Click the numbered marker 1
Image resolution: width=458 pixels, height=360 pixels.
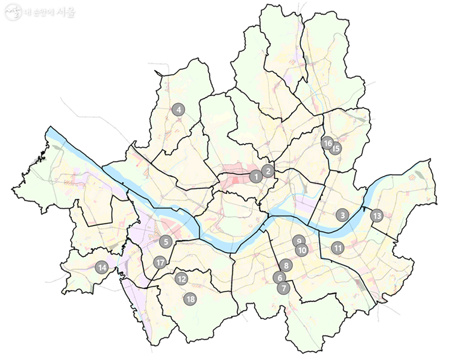pyautogui.click(x=256, y=177)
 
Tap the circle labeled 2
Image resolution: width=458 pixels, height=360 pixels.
pyautogui.click(x=269, y=171)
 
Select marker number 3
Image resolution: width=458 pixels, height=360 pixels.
pyautogui.click(x=342, y=215)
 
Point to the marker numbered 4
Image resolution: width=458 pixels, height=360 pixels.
pyautogui.click(x=178, y=110)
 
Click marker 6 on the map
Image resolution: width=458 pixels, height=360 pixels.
pyautogui.click(x=278, y=277)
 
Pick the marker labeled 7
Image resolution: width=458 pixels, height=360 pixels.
pyautogui.click(x=283, y=288)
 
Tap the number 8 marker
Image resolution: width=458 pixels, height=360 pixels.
pyautogui.click(x=286, y=265)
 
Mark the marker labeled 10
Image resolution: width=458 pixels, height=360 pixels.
pyautogui.click(x=303, y=250)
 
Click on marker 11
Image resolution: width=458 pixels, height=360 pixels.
pyautogui.click(x=337, y=247)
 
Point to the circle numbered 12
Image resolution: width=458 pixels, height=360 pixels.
pyautogui.click(x=181, y=279)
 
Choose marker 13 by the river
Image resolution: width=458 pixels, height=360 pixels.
pyautogui.click(x=377, y=215)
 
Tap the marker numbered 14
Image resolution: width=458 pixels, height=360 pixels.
pyautogui.click(x=102, y=268)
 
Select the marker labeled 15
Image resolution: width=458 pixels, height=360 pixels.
pyautogui.click(x=336, y=148)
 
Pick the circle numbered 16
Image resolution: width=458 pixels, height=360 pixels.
pyautogui.click(x=327, y=143)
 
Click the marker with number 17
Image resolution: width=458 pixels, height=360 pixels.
pyautogui.click(x=160, y=262)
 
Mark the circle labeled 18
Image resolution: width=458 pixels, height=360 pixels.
pyautogui.click(x=190, y=299)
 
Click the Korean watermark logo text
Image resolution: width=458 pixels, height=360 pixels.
pyautogui.click(x=51, y=11)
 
